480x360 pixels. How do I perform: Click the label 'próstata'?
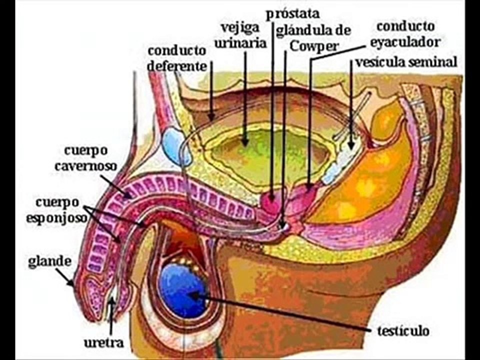point(292,14)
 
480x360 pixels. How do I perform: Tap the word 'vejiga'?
point(240,28)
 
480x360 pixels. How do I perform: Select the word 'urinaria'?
point(240,43)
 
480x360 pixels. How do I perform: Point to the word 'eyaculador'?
point(405,42)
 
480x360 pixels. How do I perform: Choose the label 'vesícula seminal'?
point(406,62)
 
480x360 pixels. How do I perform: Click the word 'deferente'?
point(177,66)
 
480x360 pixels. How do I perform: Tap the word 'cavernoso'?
point(85,166)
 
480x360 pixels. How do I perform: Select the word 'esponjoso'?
point(56,218)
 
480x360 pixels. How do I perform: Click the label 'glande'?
point(49,261)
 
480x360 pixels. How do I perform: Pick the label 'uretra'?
point(104,342)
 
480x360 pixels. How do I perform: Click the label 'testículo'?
point(403,331)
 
